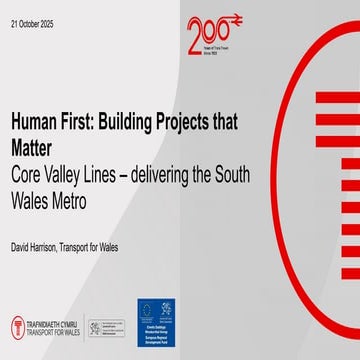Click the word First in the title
tap(83, 122)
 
